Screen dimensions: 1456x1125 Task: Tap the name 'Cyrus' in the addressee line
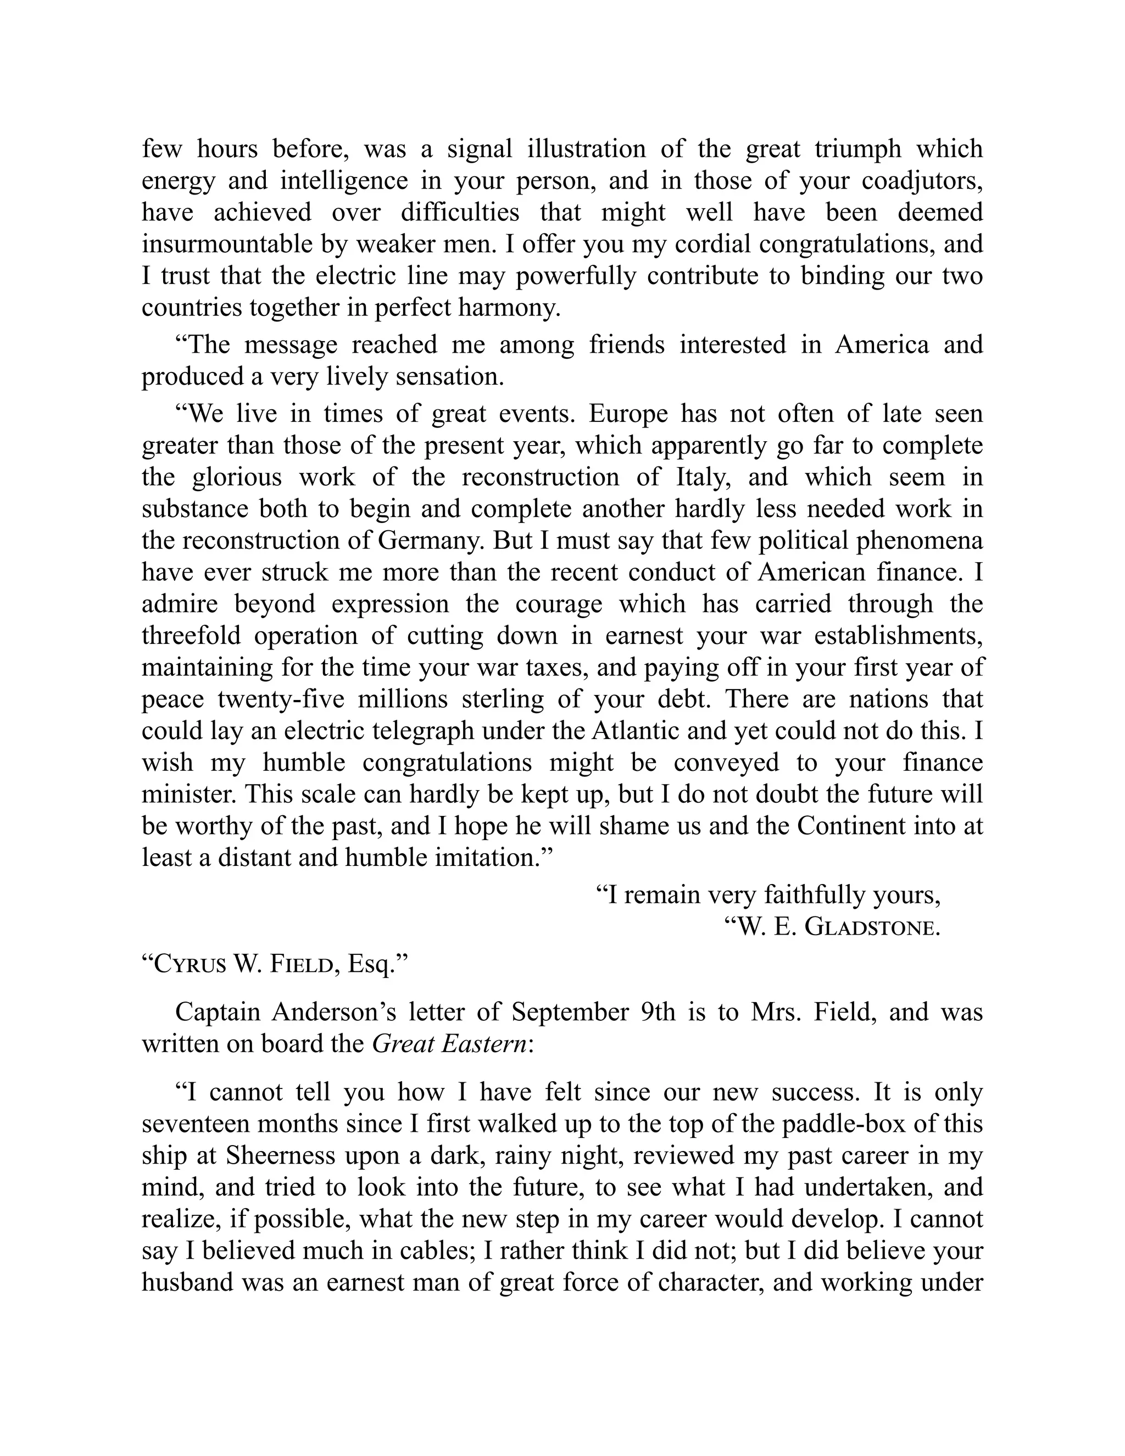(190, 965)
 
